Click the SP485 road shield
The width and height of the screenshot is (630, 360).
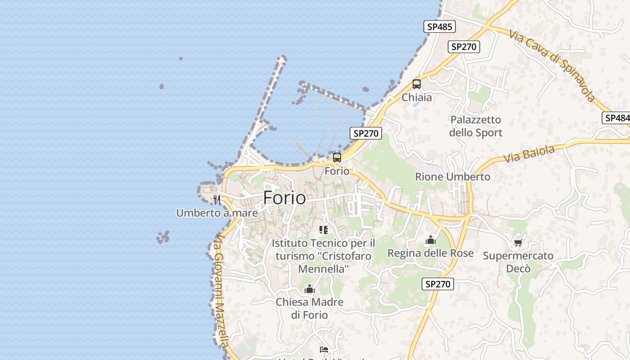[x=440, y=27]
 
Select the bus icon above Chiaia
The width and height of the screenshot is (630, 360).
[x=417, y=84]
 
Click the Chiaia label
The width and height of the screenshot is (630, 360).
[x=417, y=97]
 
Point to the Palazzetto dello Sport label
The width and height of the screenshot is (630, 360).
[x=476, y=126]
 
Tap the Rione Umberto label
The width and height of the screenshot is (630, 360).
[x=453, y=177]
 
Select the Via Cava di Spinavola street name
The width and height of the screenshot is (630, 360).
[x=553, y=65]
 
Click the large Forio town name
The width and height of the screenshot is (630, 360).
[x=284, y=198]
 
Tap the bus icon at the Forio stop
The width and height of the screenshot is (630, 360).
[x=337, y=157]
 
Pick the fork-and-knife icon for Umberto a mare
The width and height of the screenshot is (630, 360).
[x=217, y=199]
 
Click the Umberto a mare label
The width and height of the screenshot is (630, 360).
[x=217, y=213]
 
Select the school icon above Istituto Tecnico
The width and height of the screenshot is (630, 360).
[x=323, y=230]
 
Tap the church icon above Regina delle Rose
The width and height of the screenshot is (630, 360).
[x=431, y=240]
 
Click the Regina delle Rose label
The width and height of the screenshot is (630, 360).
[x=431, y=253]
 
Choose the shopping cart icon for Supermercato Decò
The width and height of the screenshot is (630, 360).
[x=518, y=243]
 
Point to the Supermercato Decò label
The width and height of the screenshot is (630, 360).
[x=518, y=262]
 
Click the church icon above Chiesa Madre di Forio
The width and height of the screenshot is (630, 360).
[x=310, y=289]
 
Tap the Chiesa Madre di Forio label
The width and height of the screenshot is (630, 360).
[x=310, y=308]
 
